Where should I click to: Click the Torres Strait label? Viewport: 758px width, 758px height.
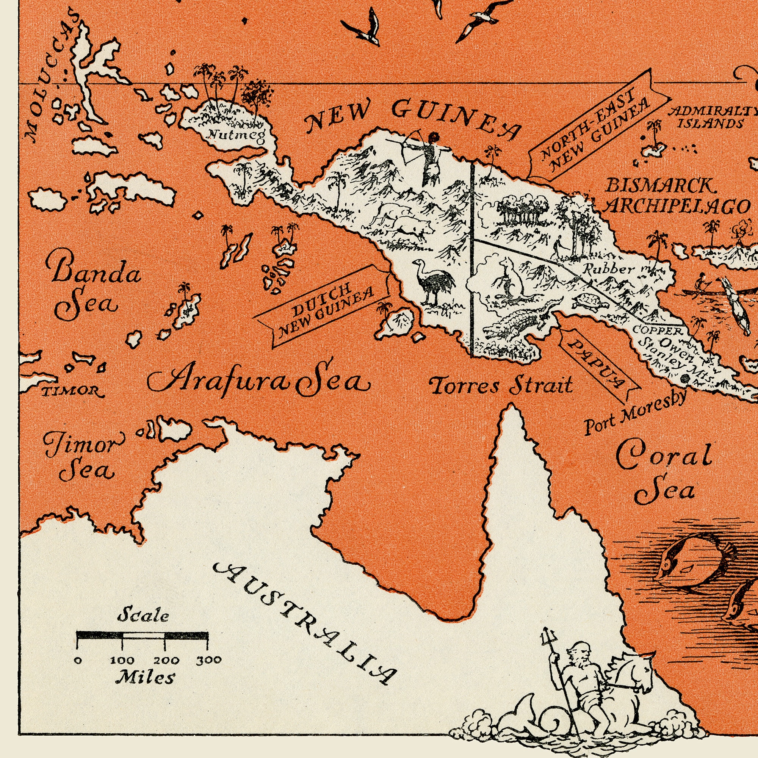point(501,386)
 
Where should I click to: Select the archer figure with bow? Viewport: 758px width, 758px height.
point(426,157)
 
